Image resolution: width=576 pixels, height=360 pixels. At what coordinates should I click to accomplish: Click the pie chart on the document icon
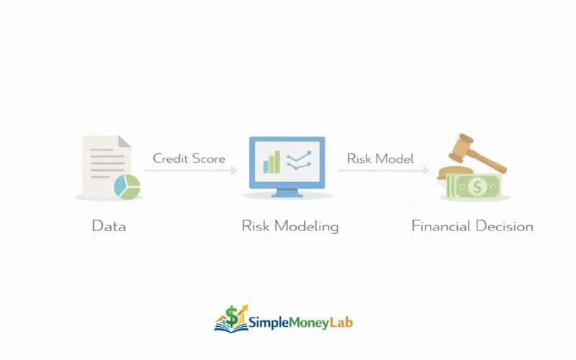[x=126, y=187]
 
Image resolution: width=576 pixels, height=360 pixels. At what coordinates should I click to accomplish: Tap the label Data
[x=109, y=226]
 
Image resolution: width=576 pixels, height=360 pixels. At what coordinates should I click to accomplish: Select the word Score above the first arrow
[x=210, y=158]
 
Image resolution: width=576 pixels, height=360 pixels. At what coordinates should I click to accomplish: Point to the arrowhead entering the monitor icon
[x=235, y=171]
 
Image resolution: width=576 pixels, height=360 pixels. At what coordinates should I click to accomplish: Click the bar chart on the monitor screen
[x=271, y=163]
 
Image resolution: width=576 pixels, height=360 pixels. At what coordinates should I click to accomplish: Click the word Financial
[x=441, y=226]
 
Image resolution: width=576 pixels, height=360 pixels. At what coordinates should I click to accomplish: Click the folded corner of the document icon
[x=124, y=141]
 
